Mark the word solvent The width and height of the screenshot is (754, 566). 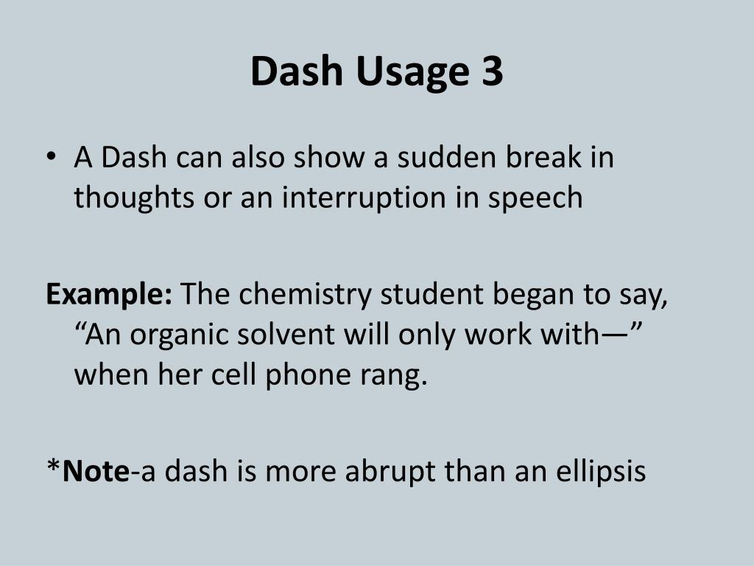(x=288, y=335)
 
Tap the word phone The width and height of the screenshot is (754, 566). (x=325, y=377)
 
